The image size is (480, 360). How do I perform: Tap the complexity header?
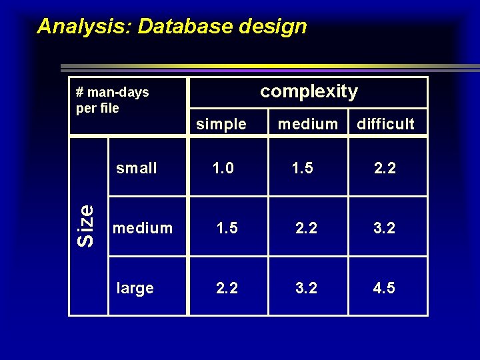click(x=309, y=91)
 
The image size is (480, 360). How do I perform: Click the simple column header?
click(x=221, y=124)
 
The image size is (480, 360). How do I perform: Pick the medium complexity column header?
click(x=307, y=124)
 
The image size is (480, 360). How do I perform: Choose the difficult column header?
click(x=385, y=124)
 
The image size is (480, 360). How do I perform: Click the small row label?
click(x=137, y=168)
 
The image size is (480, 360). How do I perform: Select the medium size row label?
click(x=143, y=228)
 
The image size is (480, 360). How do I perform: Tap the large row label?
click(x=135, y=288)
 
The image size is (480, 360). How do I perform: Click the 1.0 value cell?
click(x=223, y=168)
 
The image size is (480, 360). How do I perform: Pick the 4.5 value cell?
click(x=384, y=288)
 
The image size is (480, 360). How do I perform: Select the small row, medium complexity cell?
click(x=303, y=168)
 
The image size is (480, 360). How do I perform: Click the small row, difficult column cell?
click(x=385, y=168)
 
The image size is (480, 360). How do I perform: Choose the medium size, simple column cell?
click(x=227, y=228)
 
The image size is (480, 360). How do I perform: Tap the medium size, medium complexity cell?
click(x=307, y=228)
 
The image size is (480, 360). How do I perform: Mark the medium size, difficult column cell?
click(x=384, y=228)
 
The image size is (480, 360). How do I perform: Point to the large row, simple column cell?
click(x=227, y=288)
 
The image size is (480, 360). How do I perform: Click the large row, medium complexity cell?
click(x=307, y=288)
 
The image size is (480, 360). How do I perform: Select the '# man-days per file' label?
click(x=113, y=100)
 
